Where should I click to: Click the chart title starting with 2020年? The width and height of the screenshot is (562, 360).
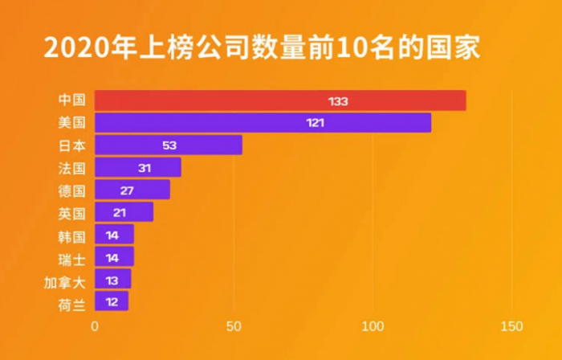click(262, 48)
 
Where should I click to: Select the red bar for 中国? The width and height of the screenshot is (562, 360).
click(280, 100)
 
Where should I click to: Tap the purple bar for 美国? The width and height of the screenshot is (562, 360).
click(263, 123)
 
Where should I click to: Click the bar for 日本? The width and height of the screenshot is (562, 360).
click(168, 145)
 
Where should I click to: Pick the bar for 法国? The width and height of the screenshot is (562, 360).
click(137, 167)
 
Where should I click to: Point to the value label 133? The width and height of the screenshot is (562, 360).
click(338, 100)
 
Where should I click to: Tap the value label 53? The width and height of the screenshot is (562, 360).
click(169, 145)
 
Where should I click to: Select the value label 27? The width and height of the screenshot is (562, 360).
click(126, 190)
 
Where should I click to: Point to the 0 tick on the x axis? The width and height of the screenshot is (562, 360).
click(95, 327)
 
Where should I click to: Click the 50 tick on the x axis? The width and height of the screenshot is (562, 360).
click(234, 327)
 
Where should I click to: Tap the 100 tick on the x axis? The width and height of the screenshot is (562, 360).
click(373, 327)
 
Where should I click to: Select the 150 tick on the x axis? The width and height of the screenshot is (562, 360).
click(511, 327)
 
